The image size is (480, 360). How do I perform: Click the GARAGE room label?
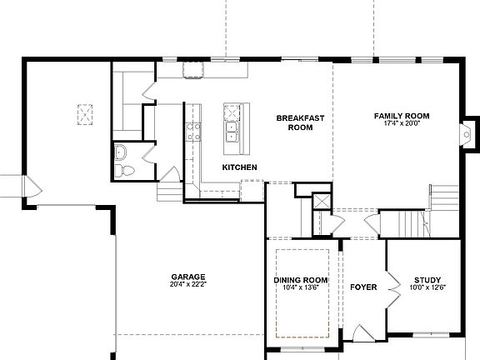188,277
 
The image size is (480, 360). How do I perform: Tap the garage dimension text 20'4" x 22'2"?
188,286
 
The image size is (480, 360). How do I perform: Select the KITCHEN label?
239,167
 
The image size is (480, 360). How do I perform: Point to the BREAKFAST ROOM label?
294,123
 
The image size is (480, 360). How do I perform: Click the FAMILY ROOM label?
401,115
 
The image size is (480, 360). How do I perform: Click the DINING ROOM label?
301,279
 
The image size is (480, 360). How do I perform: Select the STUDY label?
427,279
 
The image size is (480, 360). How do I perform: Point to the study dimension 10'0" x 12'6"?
427,287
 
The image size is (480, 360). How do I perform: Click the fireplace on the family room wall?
468,132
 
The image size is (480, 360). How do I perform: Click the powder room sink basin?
121,152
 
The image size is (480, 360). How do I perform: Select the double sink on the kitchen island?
231,132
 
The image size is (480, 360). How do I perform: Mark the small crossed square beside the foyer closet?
322,202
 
